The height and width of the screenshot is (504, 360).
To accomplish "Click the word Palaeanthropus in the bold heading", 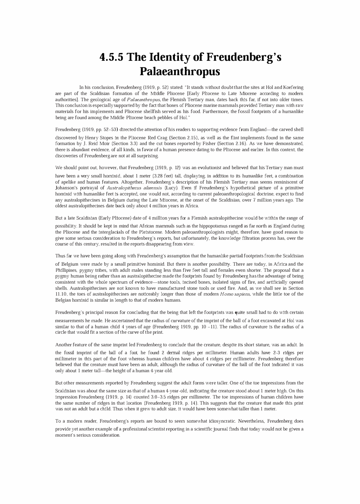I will point(180,71).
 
